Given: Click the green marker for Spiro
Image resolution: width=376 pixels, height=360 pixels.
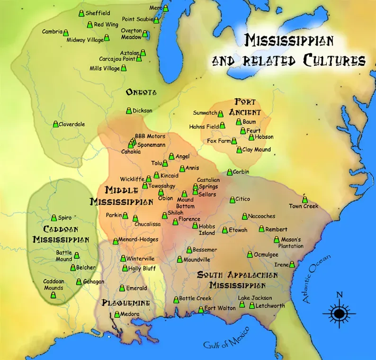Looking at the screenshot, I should point(54,217).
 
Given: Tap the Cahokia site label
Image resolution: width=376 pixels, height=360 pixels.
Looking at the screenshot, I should point(130,152).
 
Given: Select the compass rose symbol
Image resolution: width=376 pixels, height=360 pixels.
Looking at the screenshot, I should point(339,313).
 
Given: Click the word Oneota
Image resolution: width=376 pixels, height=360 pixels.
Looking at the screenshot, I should point(141,92).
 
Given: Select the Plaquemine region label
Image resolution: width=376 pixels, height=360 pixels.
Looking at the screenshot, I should point(126,303).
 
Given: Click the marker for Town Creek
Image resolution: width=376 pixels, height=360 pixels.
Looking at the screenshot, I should point(304,199).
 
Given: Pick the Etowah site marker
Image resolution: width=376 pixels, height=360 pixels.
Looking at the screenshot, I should point(225,231).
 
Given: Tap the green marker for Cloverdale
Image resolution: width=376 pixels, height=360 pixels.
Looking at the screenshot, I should point(55,124).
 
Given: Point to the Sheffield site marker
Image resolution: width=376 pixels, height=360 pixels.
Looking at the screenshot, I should point(81,13).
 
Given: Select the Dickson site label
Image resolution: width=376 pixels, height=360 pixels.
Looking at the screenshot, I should point(142,111).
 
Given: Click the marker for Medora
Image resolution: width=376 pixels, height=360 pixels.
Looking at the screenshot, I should point(117,314).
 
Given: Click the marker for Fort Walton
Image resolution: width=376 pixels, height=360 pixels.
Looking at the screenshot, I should point(201,309).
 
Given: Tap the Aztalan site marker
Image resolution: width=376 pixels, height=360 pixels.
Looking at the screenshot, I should point(143,53).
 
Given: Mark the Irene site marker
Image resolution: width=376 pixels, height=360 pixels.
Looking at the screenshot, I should point(292,264).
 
